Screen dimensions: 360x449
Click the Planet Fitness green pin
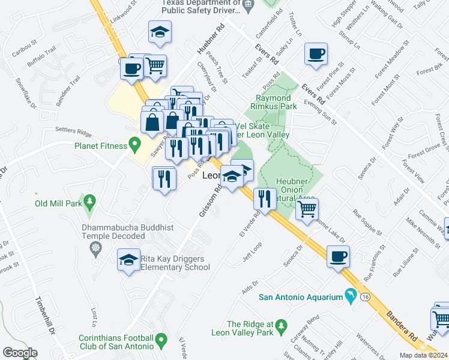coord(134,145)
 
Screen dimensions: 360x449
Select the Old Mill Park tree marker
coord(89,201)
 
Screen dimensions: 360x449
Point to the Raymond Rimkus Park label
coord(273,102)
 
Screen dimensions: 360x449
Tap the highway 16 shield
coord(365,296)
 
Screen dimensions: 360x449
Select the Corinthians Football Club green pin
coord(161,341)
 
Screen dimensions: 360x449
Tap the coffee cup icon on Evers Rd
coord(315,55)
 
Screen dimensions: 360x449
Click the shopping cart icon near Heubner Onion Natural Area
coord(307,209)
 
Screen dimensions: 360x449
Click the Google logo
coord(20,352)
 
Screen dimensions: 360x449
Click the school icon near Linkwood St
coord(160,32)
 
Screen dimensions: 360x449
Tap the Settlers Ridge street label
coord(73,131)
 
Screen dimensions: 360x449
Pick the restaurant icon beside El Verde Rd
coord(264,197)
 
